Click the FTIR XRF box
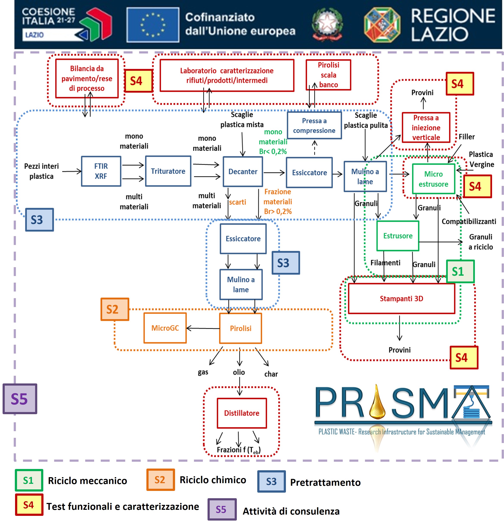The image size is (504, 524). [x=101, y=171]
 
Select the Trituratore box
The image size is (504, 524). [x=168, y=171]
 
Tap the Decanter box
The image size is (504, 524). [x=243, y=172]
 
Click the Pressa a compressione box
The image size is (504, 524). [x=314, y=125]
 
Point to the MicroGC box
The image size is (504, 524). [x=165, y=328]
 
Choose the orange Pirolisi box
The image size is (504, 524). [x=240, y=328]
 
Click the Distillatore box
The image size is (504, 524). [x=242, y=413]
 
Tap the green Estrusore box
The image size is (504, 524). [x=398, y=236]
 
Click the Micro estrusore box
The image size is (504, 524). [x=433, y=179]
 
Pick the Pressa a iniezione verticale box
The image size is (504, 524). [x=426, y=127]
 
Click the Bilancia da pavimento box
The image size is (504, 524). [x=87, y=78]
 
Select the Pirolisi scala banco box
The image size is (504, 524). [x=328, y=75]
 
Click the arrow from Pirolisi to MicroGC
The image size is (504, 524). [x=203, y=328]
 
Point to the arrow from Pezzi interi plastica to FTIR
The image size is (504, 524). [x=72, y=171]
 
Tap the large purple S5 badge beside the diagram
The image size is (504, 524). [x=20, y=399]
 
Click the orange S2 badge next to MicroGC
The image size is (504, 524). [x=115, y=309]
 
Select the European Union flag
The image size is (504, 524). [x=153, y=25]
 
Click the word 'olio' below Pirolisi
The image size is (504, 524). [x=239, y=372]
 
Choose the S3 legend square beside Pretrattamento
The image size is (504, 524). [x=271, y=481]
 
